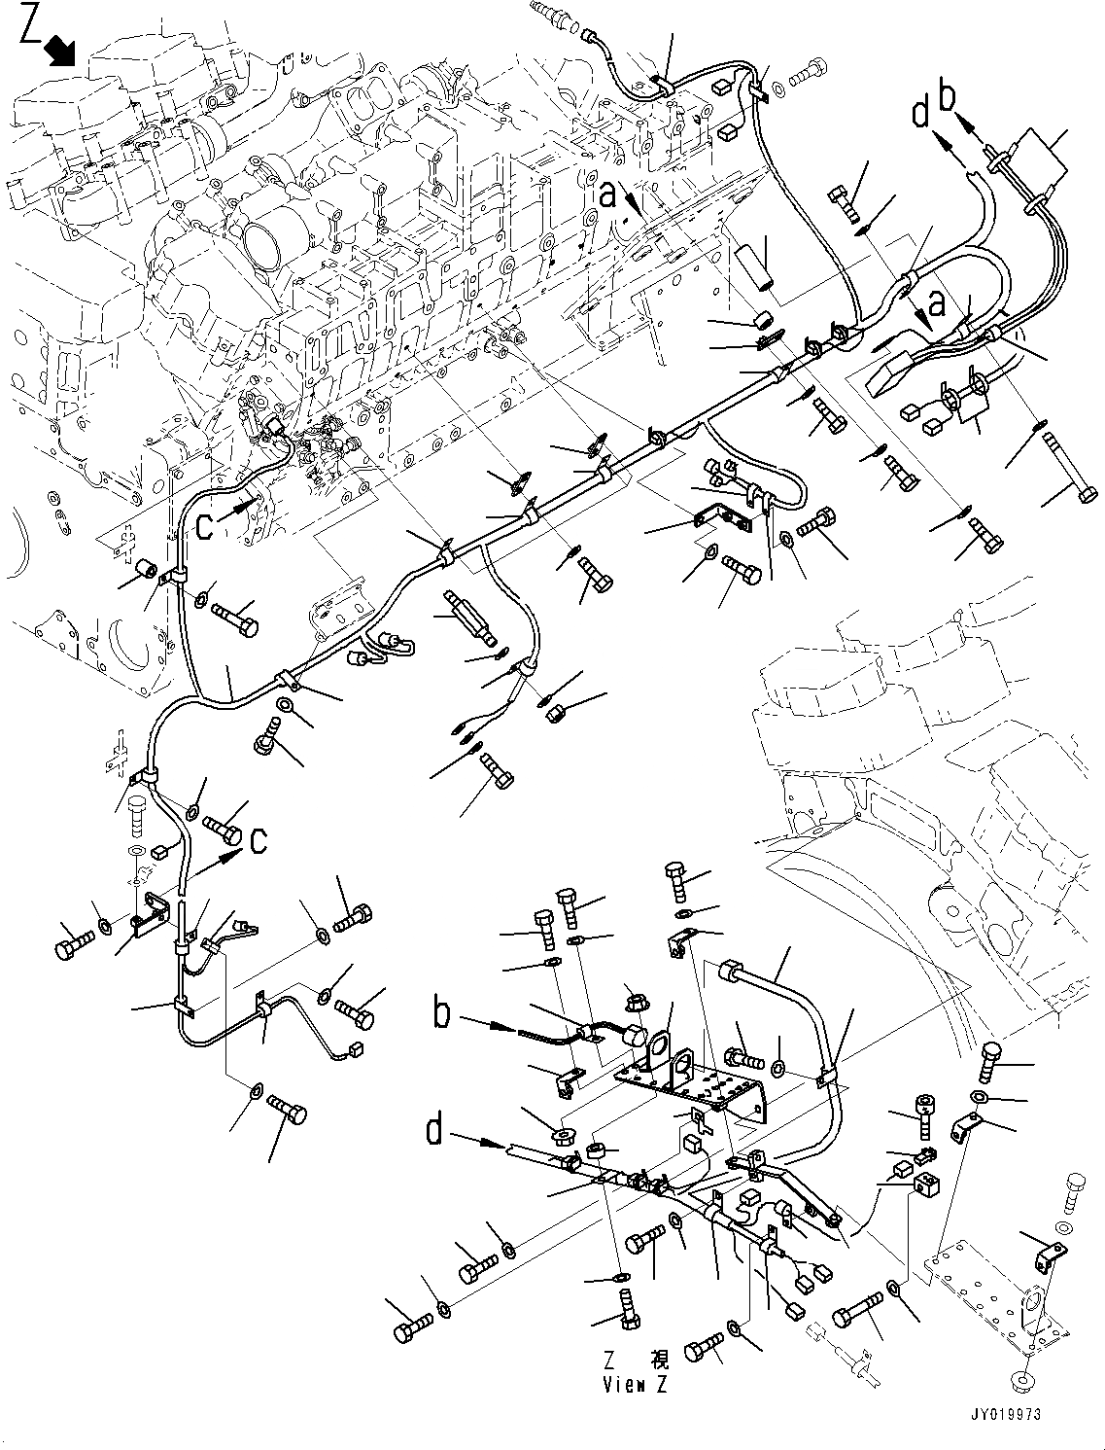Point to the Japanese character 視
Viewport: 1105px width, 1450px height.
[659, 1360]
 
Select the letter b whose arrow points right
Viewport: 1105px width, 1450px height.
[442, 1013]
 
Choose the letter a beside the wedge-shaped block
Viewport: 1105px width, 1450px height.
[936, 304]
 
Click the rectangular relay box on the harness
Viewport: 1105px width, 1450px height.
[1038, 156]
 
